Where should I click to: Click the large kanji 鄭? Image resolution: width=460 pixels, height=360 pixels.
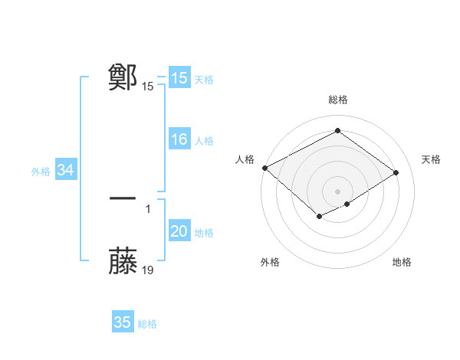point(123,77)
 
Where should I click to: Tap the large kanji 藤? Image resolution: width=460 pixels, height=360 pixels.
point(123,261)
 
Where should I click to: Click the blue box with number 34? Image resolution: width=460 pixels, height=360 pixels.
point(65,171)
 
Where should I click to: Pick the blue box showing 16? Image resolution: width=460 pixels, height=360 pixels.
point(179,140)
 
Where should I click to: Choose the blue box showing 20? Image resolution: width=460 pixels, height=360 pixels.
point(179,232)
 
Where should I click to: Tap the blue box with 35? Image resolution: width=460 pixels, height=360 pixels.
point(123,322)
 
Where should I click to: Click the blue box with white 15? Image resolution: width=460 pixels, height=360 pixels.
point(179,78)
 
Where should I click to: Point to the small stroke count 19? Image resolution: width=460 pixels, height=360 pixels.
point(148,270)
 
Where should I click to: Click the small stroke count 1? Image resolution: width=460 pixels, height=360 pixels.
point(148,208)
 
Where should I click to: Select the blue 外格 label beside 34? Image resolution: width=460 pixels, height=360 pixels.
point(41,172)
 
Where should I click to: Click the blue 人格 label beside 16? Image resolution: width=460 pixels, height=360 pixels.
point(204,141)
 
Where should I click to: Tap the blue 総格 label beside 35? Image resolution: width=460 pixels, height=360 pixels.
point(147,324)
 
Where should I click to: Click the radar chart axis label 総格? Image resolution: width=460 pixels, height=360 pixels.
point(337,100)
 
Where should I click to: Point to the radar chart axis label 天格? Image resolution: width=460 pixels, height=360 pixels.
point(431,159)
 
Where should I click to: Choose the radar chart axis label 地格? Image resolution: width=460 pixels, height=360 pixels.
point(402,263)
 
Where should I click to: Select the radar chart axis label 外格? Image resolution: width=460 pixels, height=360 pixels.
point(270,263)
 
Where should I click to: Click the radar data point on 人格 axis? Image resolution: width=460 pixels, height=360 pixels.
point(264,168)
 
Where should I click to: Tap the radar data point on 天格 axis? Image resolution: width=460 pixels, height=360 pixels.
point(396,173)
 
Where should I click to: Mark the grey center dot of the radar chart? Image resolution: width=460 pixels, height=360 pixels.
point(337,191)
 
